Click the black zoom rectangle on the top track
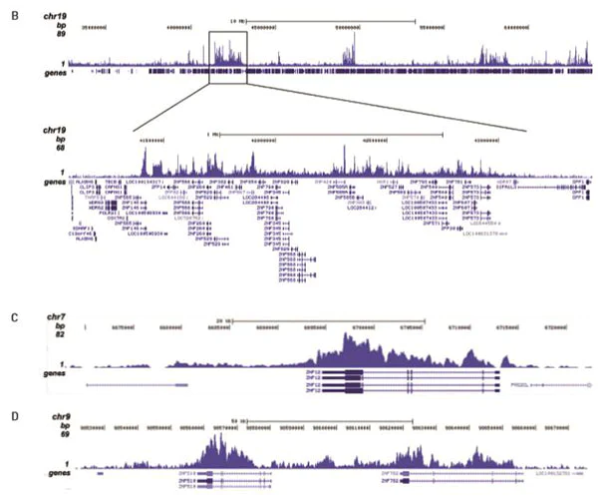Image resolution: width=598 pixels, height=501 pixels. coord(229,53)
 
